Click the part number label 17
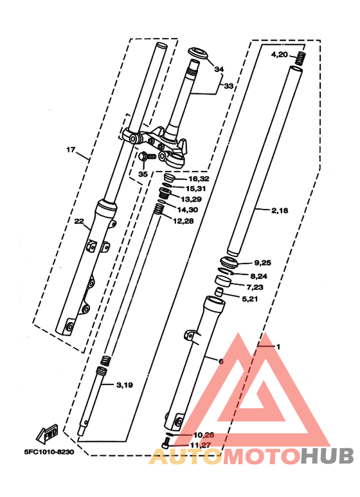point(71,150)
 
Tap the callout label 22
point(78,222)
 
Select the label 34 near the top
point(219,69)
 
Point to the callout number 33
point(228,86)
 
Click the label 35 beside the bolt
point(143,174)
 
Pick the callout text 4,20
point(279,55)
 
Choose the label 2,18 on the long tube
point(280,210)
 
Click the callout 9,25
point(263,263)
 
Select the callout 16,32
point(197,179)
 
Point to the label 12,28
point(182,221)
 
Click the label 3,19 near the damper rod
point(125,385)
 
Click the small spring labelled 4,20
point(299,59)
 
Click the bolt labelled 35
point(146,156)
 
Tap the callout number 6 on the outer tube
point(221,361)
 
